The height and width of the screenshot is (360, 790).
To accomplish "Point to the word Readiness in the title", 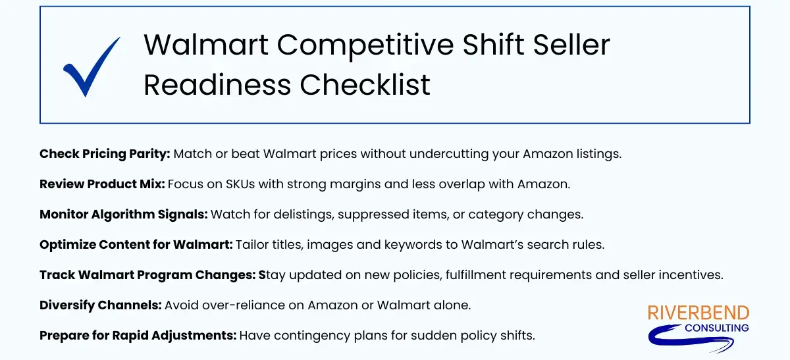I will [x=217, y=85].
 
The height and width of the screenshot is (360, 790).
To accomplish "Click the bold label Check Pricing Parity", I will [x=105, y=154].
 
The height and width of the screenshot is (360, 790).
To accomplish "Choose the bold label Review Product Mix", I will [x=102, y=184].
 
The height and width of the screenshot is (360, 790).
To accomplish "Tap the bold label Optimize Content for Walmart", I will [x=136, y=245].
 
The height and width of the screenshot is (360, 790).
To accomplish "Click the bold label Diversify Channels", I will [x=100, y=305].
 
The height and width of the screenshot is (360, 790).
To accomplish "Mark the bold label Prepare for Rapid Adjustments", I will [x=138, y=336].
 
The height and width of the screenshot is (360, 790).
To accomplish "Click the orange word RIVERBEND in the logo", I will [x=698, y=313].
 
